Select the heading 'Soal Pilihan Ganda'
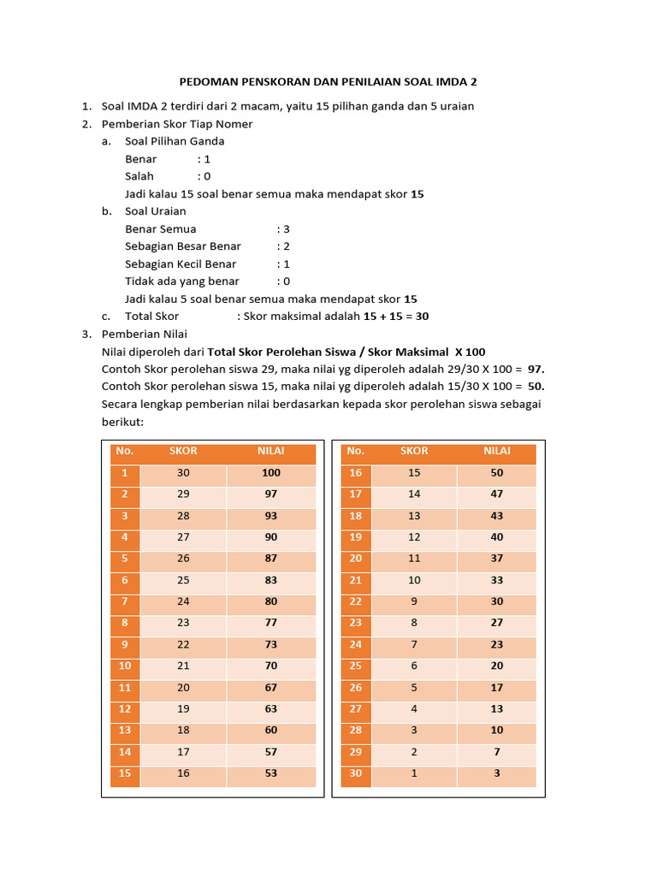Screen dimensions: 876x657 coord(175,141)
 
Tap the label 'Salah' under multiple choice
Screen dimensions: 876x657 coord(139,176)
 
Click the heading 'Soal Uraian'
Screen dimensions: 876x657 coord(155,211)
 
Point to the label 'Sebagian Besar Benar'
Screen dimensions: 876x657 coord(183,246)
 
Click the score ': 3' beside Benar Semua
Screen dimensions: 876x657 coord(283,228)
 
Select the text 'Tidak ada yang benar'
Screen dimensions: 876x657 coord(182,281)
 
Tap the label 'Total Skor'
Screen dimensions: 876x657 coord(152,317)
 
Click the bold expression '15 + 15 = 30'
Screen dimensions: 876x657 coord(396,317)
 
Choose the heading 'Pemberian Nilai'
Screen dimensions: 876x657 coord(144,334)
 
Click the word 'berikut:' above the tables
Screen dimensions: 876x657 coord(122,423)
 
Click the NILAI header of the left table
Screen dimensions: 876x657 coord(271,451)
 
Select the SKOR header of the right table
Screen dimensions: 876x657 coord(414,451)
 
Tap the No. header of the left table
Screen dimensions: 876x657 coord(125,451)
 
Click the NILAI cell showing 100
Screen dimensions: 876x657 coord(271,473)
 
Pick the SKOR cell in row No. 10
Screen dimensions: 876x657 coord(183,666)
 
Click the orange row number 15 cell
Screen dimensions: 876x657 coord(125,774)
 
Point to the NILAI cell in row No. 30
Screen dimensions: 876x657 coord(497,774)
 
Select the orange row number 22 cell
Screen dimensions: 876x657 coord(356,601)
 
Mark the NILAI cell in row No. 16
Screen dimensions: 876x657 coord(497,473)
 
